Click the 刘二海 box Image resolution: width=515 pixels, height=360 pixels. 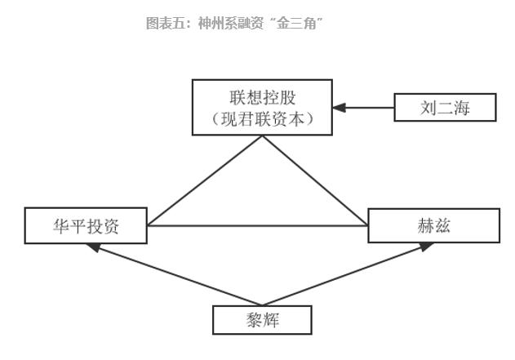coord(445,107)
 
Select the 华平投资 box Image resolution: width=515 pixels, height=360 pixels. coord(86,226)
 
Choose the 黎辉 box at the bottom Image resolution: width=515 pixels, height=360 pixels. coord(261,319)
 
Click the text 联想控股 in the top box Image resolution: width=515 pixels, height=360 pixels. coord(262,96)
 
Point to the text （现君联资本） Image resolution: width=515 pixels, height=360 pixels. coord(262,119)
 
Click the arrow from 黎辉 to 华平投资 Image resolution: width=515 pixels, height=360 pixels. coord(163,273)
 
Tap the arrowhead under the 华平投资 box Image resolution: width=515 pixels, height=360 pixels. coord(92,247)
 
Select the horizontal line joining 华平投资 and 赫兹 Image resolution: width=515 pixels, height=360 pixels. coord(257,225)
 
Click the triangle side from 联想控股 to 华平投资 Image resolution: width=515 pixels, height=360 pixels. coord(204,180)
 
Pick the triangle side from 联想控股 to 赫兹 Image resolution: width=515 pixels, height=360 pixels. coord(314,180)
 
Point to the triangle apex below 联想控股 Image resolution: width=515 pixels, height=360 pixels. coord(262,136)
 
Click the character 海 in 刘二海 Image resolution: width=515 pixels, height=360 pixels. coord(461,107)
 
